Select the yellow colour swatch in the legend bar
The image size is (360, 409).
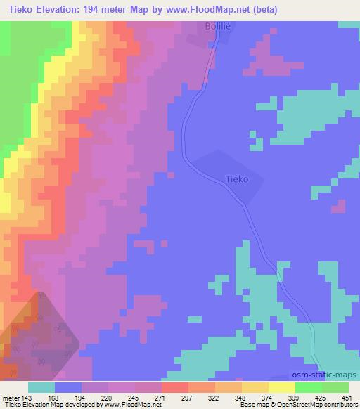tap(281, 387)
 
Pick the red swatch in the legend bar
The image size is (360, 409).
tap(174, 387)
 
